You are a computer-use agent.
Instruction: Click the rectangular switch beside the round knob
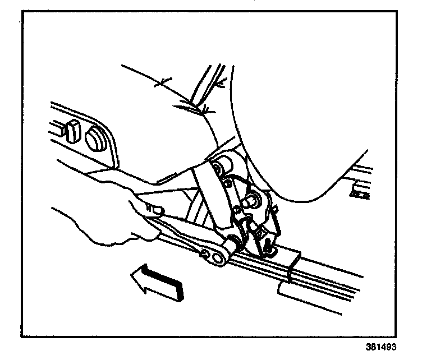tap(70, 132)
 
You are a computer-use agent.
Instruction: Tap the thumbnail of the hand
tap(159, 210)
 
